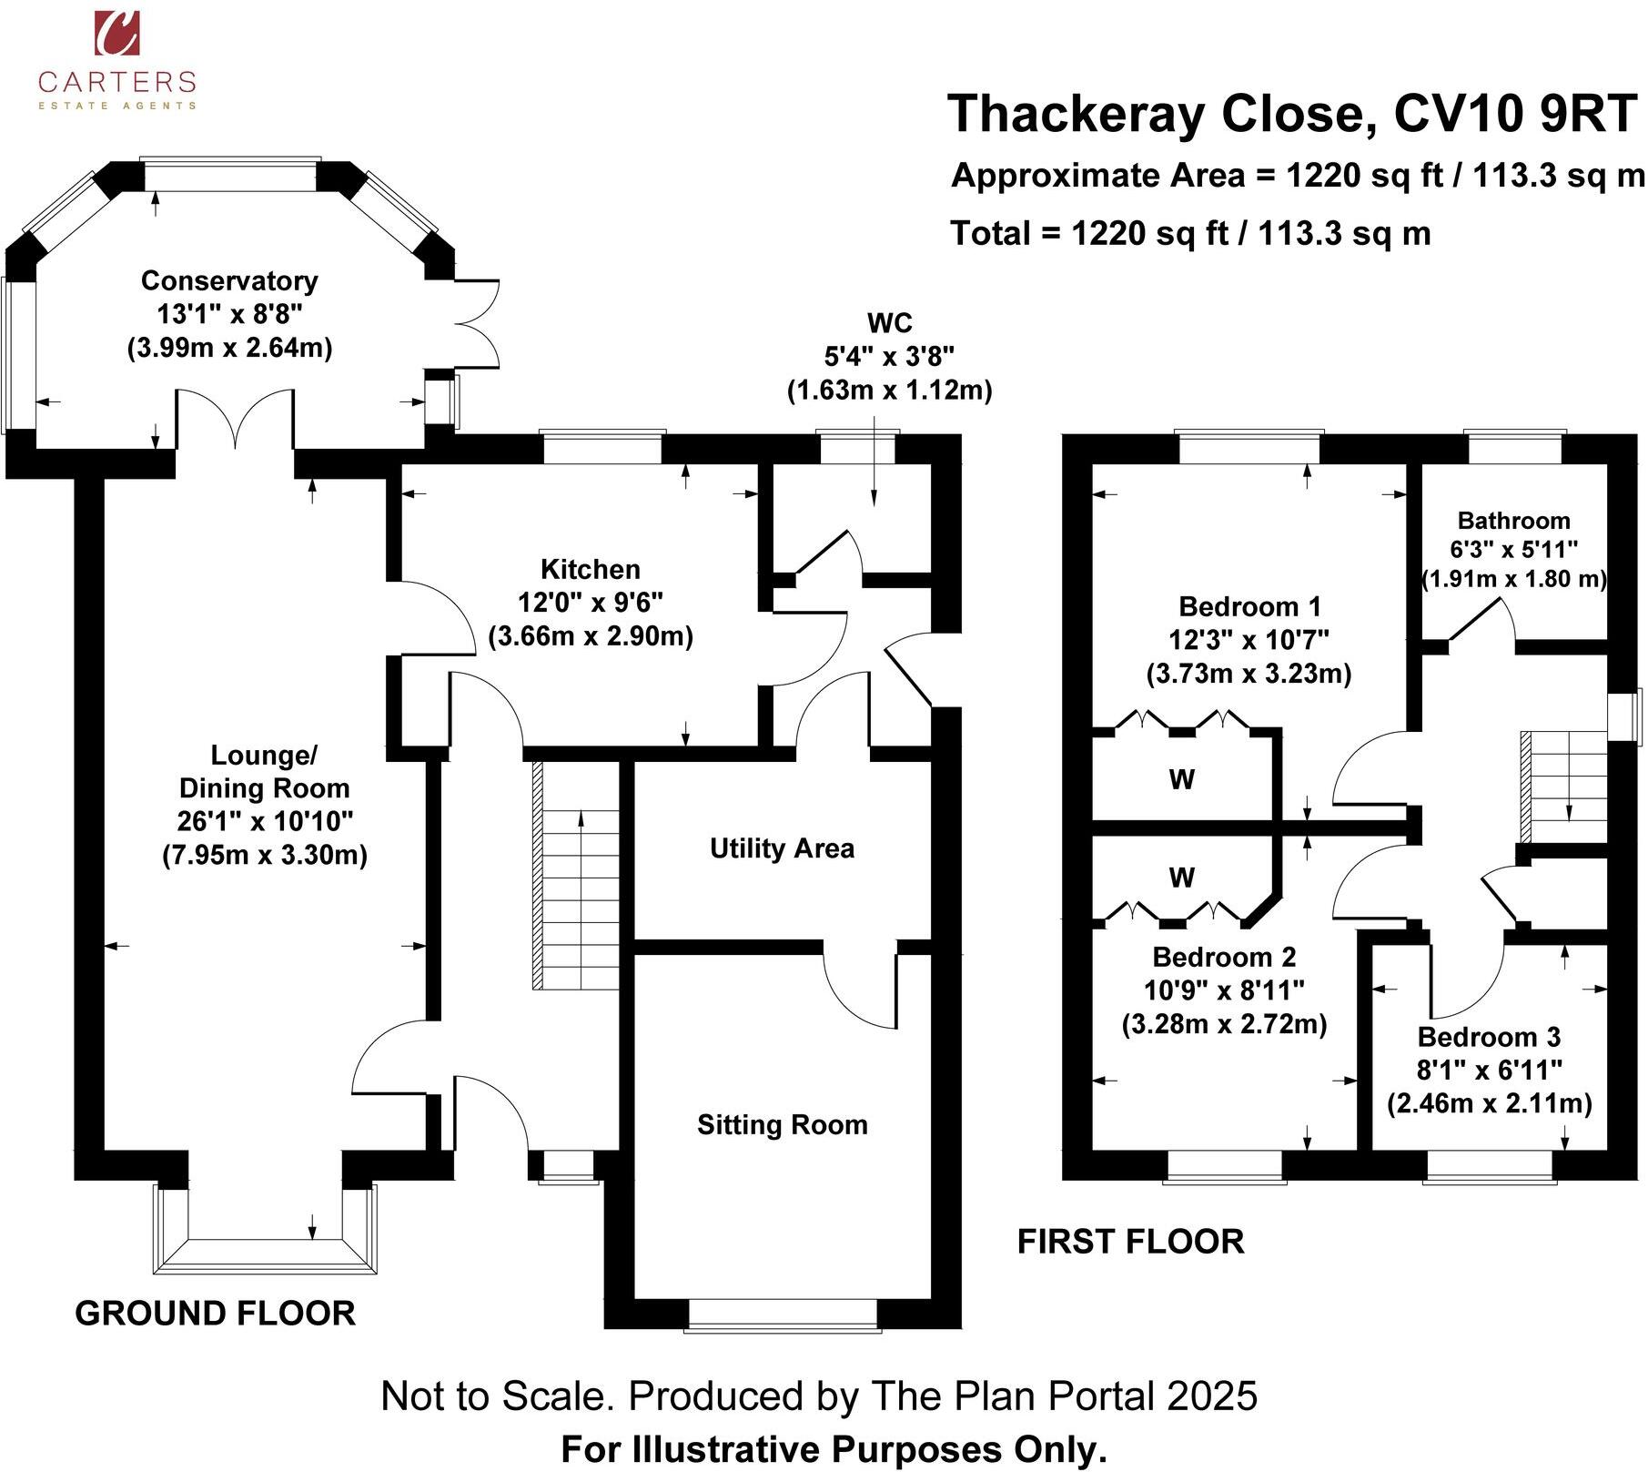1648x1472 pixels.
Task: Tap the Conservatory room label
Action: pos(229,281)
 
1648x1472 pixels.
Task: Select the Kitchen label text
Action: pos(591,570)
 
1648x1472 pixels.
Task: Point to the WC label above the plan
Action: pos(889,323)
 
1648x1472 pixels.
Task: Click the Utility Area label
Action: pos(782,848)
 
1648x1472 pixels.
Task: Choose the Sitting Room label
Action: pos(782,1125)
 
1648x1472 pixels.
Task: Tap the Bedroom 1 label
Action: pos(1249,606)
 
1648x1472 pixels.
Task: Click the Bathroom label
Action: pos(1513,521)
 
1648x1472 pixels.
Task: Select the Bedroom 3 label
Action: pos(1489,1037)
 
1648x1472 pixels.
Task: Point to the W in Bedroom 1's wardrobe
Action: pos(1181,779)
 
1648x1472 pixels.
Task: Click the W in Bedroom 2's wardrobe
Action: pos(1181,878)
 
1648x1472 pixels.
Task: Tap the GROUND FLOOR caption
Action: pos(215,1314)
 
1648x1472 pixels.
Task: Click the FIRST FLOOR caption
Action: pos(1130,1242)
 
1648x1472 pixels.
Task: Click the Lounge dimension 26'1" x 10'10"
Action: pos(265,821)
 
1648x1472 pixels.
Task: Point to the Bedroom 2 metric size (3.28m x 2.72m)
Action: pos(1224,1024)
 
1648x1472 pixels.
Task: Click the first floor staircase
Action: pos(1565,787)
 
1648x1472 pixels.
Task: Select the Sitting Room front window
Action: pos(782,1315)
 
